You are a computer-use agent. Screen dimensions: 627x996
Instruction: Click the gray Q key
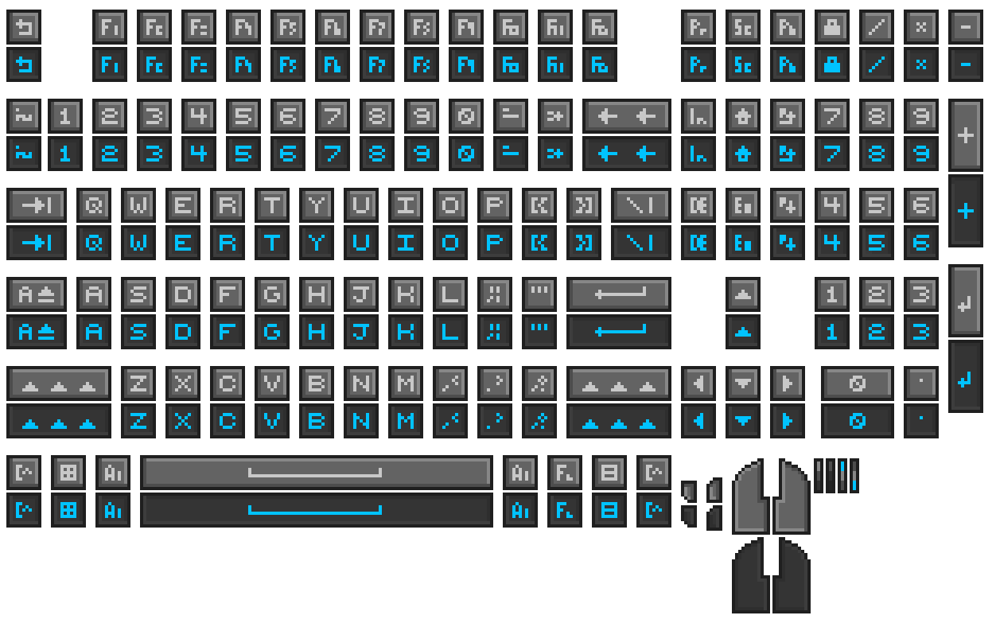(x=94, y=206)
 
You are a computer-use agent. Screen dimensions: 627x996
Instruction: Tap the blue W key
(x=138, y=243)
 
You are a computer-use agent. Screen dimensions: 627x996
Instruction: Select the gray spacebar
(x=316, y=473)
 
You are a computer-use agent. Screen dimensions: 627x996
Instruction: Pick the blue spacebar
(x=316, y=510)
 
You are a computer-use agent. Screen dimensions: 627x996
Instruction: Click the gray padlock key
(x=832, y=28)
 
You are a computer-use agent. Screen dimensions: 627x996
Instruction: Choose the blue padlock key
(x=832, y=64)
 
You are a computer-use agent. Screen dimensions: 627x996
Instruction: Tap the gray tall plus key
(x=966, y=135)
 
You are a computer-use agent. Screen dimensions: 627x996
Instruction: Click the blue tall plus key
(x=966, y=212)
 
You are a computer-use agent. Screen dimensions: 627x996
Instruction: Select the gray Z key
(x=138, y=384)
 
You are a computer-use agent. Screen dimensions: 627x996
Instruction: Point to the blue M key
(x=406, y=421)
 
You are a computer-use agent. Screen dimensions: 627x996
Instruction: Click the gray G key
(x=272, y=295)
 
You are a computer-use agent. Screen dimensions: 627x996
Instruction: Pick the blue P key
(x=495, y=243)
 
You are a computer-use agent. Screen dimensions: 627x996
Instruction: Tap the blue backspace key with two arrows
(x=627, y=154)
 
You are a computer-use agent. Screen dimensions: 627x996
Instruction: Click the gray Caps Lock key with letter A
(x=36, y=295)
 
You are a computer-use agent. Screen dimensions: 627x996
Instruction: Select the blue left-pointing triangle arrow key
(x=698, y=421)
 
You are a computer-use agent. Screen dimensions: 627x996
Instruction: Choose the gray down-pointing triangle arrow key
(x=743, y=384)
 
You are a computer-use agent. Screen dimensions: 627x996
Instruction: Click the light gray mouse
(x=771, y=497)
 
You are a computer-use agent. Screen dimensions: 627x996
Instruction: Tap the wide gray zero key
(x=857, y=384)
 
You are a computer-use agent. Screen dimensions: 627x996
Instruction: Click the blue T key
(x=272, y=243)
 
